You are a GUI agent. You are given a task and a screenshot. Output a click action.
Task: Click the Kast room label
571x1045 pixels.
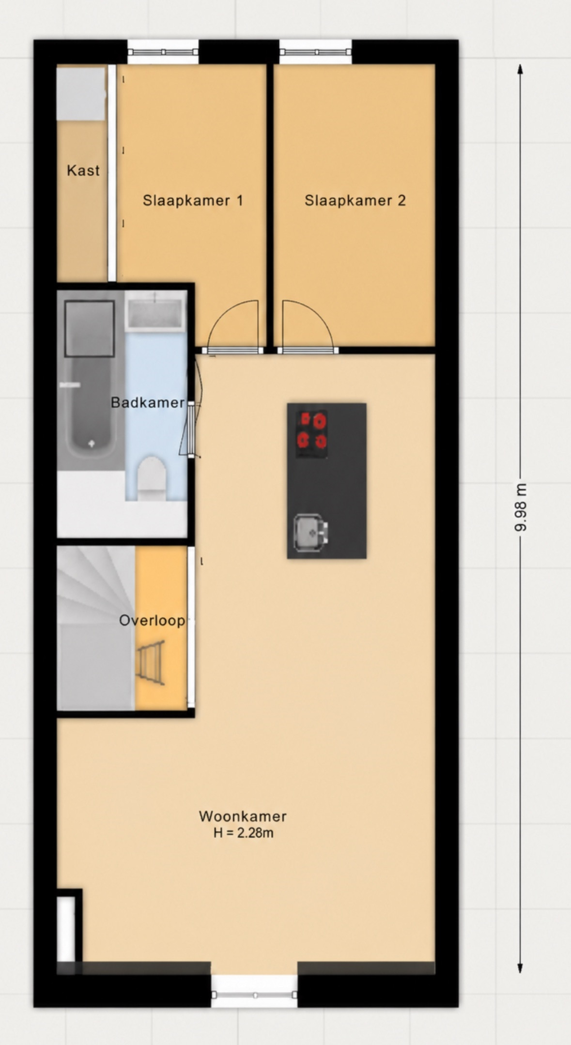point(83,170)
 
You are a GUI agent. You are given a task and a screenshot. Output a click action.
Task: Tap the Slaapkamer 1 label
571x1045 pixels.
point(193,200)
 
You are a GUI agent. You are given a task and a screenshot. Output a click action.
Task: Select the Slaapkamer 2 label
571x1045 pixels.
point(355,200)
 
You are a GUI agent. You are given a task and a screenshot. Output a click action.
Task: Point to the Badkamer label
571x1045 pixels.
point(148,402)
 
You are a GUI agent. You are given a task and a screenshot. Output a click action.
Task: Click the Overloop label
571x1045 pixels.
point(152,620)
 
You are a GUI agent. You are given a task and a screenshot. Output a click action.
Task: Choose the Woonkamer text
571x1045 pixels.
point(243,816)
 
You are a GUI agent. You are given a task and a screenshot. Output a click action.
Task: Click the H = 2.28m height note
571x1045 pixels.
point(243,833)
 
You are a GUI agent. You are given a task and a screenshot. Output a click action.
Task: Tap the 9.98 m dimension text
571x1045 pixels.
point(520,507)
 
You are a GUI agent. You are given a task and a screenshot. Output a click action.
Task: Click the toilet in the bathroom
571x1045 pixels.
point(152,478)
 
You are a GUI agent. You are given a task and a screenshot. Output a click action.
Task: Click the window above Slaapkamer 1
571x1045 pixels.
point(163,52)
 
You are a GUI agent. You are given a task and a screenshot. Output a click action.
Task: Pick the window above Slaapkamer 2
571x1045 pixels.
point(315,52)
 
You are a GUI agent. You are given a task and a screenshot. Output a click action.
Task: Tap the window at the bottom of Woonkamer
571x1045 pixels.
point(255,995)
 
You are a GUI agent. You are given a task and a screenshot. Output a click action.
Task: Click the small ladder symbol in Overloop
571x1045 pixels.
point(151,662)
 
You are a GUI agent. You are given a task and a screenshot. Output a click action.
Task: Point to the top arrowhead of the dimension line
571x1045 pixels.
point(520,70)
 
